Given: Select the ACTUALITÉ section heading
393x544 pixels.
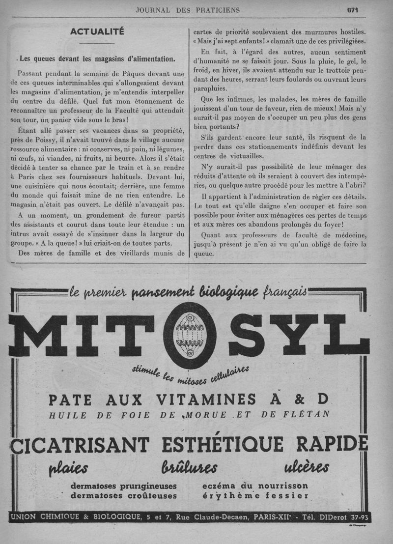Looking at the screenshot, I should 97,32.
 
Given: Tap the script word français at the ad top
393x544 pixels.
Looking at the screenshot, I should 285,292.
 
